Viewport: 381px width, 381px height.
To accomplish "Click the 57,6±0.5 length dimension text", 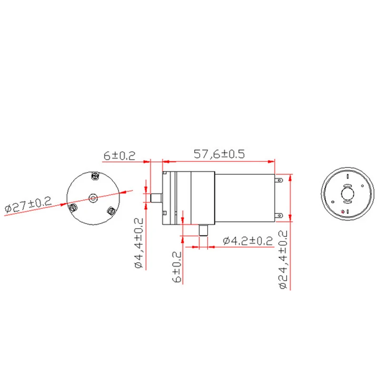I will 219,154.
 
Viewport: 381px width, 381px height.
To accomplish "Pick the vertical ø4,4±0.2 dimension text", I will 139,242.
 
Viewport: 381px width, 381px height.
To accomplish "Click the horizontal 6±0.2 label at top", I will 120,155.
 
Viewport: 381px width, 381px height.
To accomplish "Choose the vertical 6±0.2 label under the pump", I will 178,266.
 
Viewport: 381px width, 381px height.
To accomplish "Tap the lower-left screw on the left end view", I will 73,207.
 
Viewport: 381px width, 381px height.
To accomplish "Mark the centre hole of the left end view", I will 93,196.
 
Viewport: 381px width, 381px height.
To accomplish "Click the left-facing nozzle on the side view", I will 155,197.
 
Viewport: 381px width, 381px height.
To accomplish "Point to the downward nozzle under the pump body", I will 204,231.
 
